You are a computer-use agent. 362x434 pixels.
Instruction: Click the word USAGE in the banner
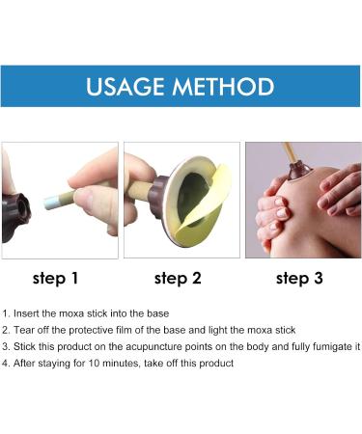click(x=126, y=87)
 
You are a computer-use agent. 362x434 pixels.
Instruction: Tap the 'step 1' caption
click(x=56, y=279)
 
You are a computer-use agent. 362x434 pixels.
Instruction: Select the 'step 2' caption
click(x=178, y=279)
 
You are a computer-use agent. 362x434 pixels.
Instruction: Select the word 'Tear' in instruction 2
click(x=26, y=330)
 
